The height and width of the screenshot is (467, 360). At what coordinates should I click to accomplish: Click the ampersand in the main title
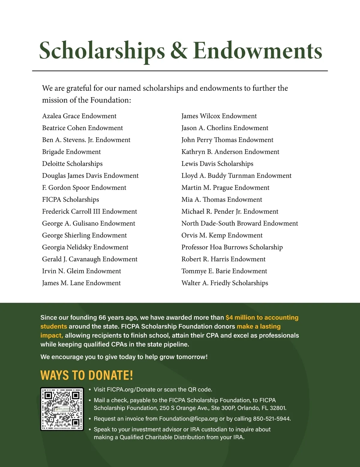point(179,50)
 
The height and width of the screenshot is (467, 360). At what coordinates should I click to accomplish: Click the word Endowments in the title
point(257,50)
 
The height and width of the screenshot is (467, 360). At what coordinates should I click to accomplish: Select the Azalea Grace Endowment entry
point(79,116)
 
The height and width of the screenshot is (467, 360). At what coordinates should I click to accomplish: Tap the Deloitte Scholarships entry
point(72,164)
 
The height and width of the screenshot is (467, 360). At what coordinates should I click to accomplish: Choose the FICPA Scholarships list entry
point(70,200)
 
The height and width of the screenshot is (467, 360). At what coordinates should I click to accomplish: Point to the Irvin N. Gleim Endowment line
point(82,271)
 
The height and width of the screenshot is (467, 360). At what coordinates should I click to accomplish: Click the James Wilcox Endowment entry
point(219,116)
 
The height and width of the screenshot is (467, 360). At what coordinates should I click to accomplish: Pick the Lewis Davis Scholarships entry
point(217,164)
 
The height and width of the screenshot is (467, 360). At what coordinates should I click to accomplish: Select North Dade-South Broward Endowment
point(240,223)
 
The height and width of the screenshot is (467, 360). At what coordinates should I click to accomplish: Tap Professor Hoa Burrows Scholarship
point(232,247)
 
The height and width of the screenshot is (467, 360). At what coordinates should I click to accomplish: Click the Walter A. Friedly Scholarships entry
point(225,283)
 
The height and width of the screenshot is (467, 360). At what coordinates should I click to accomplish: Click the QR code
point(62,409)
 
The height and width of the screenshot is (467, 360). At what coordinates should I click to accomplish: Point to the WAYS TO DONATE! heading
point(86,375)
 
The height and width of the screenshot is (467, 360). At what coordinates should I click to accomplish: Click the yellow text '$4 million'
point(240,317)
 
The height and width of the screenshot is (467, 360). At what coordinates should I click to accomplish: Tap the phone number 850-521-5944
point(271,419)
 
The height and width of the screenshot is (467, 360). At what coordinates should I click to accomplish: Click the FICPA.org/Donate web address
point(131,390)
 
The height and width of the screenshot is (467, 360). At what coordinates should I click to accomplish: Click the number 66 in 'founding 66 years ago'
point(102,317)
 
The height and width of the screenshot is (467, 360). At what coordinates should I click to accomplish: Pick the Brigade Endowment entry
point(71,152)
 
